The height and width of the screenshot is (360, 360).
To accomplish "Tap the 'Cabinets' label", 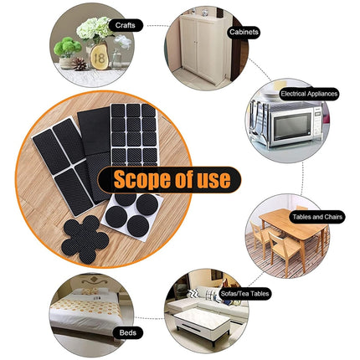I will pyautogui.click(x=243, y=32).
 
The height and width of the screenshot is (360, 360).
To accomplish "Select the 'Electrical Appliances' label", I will pyautogui.click(x=311, y=94).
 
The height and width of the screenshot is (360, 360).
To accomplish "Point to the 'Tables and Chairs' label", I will pyautogui.click(x=317, y=217).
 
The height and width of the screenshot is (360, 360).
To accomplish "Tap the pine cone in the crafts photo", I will pyautogui.click(x=80, y=64).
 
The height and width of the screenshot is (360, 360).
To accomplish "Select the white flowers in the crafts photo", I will pyautogui.click(x=93, y=29).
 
